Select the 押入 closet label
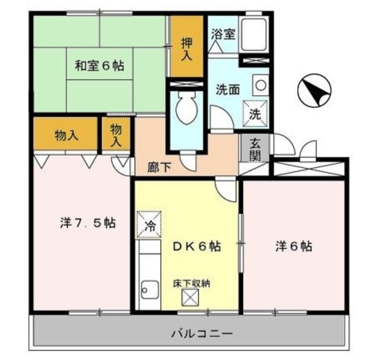187,48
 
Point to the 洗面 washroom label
227,90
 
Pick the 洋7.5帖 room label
87,224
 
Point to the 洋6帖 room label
294,247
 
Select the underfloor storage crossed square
190,298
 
